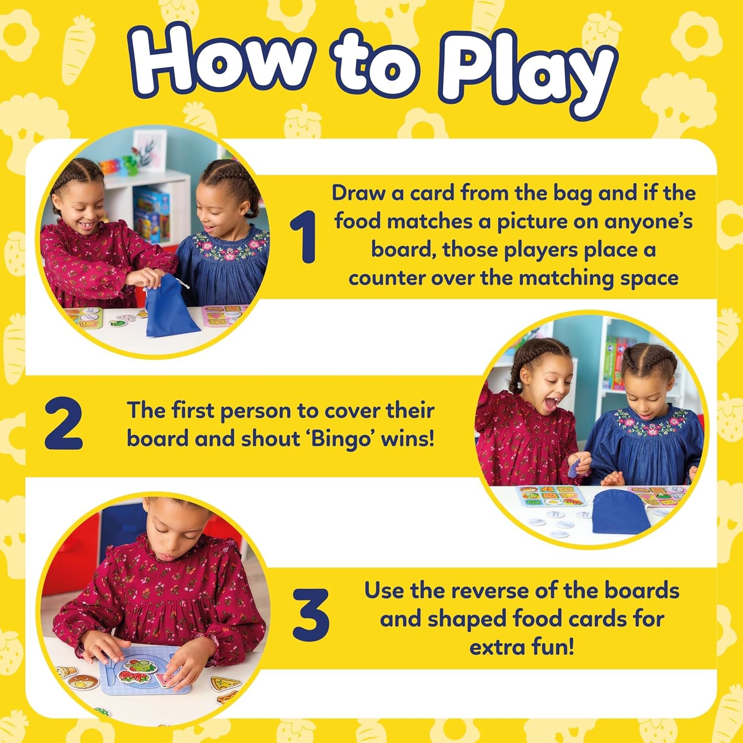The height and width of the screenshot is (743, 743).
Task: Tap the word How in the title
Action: pyautogui.click(x=220, y=62)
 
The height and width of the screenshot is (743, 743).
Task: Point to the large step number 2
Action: pyautogui.click(x=63, y=425)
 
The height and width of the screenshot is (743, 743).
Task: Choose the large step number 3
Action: pyautogui.click(x=311, y=614)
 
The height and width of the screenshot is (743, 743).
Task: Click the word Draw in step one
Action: pyautogui.click(x=358, y=193)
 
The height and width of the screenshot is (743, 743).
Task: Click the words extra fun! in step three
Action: pyautogui.click(x=522, y=647)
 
